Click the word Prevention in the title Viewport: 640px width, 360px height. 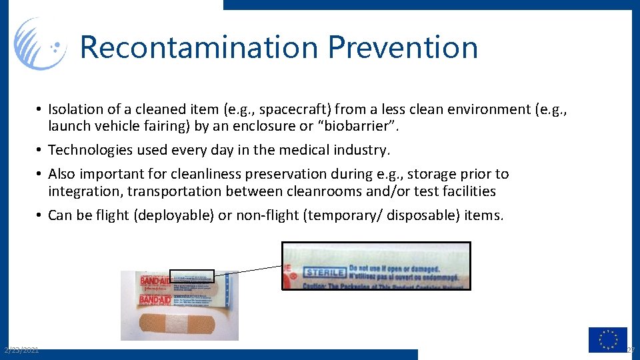403,48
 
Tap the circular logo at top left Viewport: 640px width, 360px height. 40,44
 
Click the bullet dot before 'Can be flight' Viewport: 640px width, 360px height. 40,215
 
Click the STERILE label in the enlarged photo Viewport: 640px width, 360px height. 325,272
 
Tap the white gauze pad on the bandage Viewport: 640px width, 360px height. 178,325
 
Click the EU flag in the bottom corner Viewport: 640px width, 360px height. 607,339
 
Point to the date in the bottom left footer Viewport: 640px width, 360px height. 21,350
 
